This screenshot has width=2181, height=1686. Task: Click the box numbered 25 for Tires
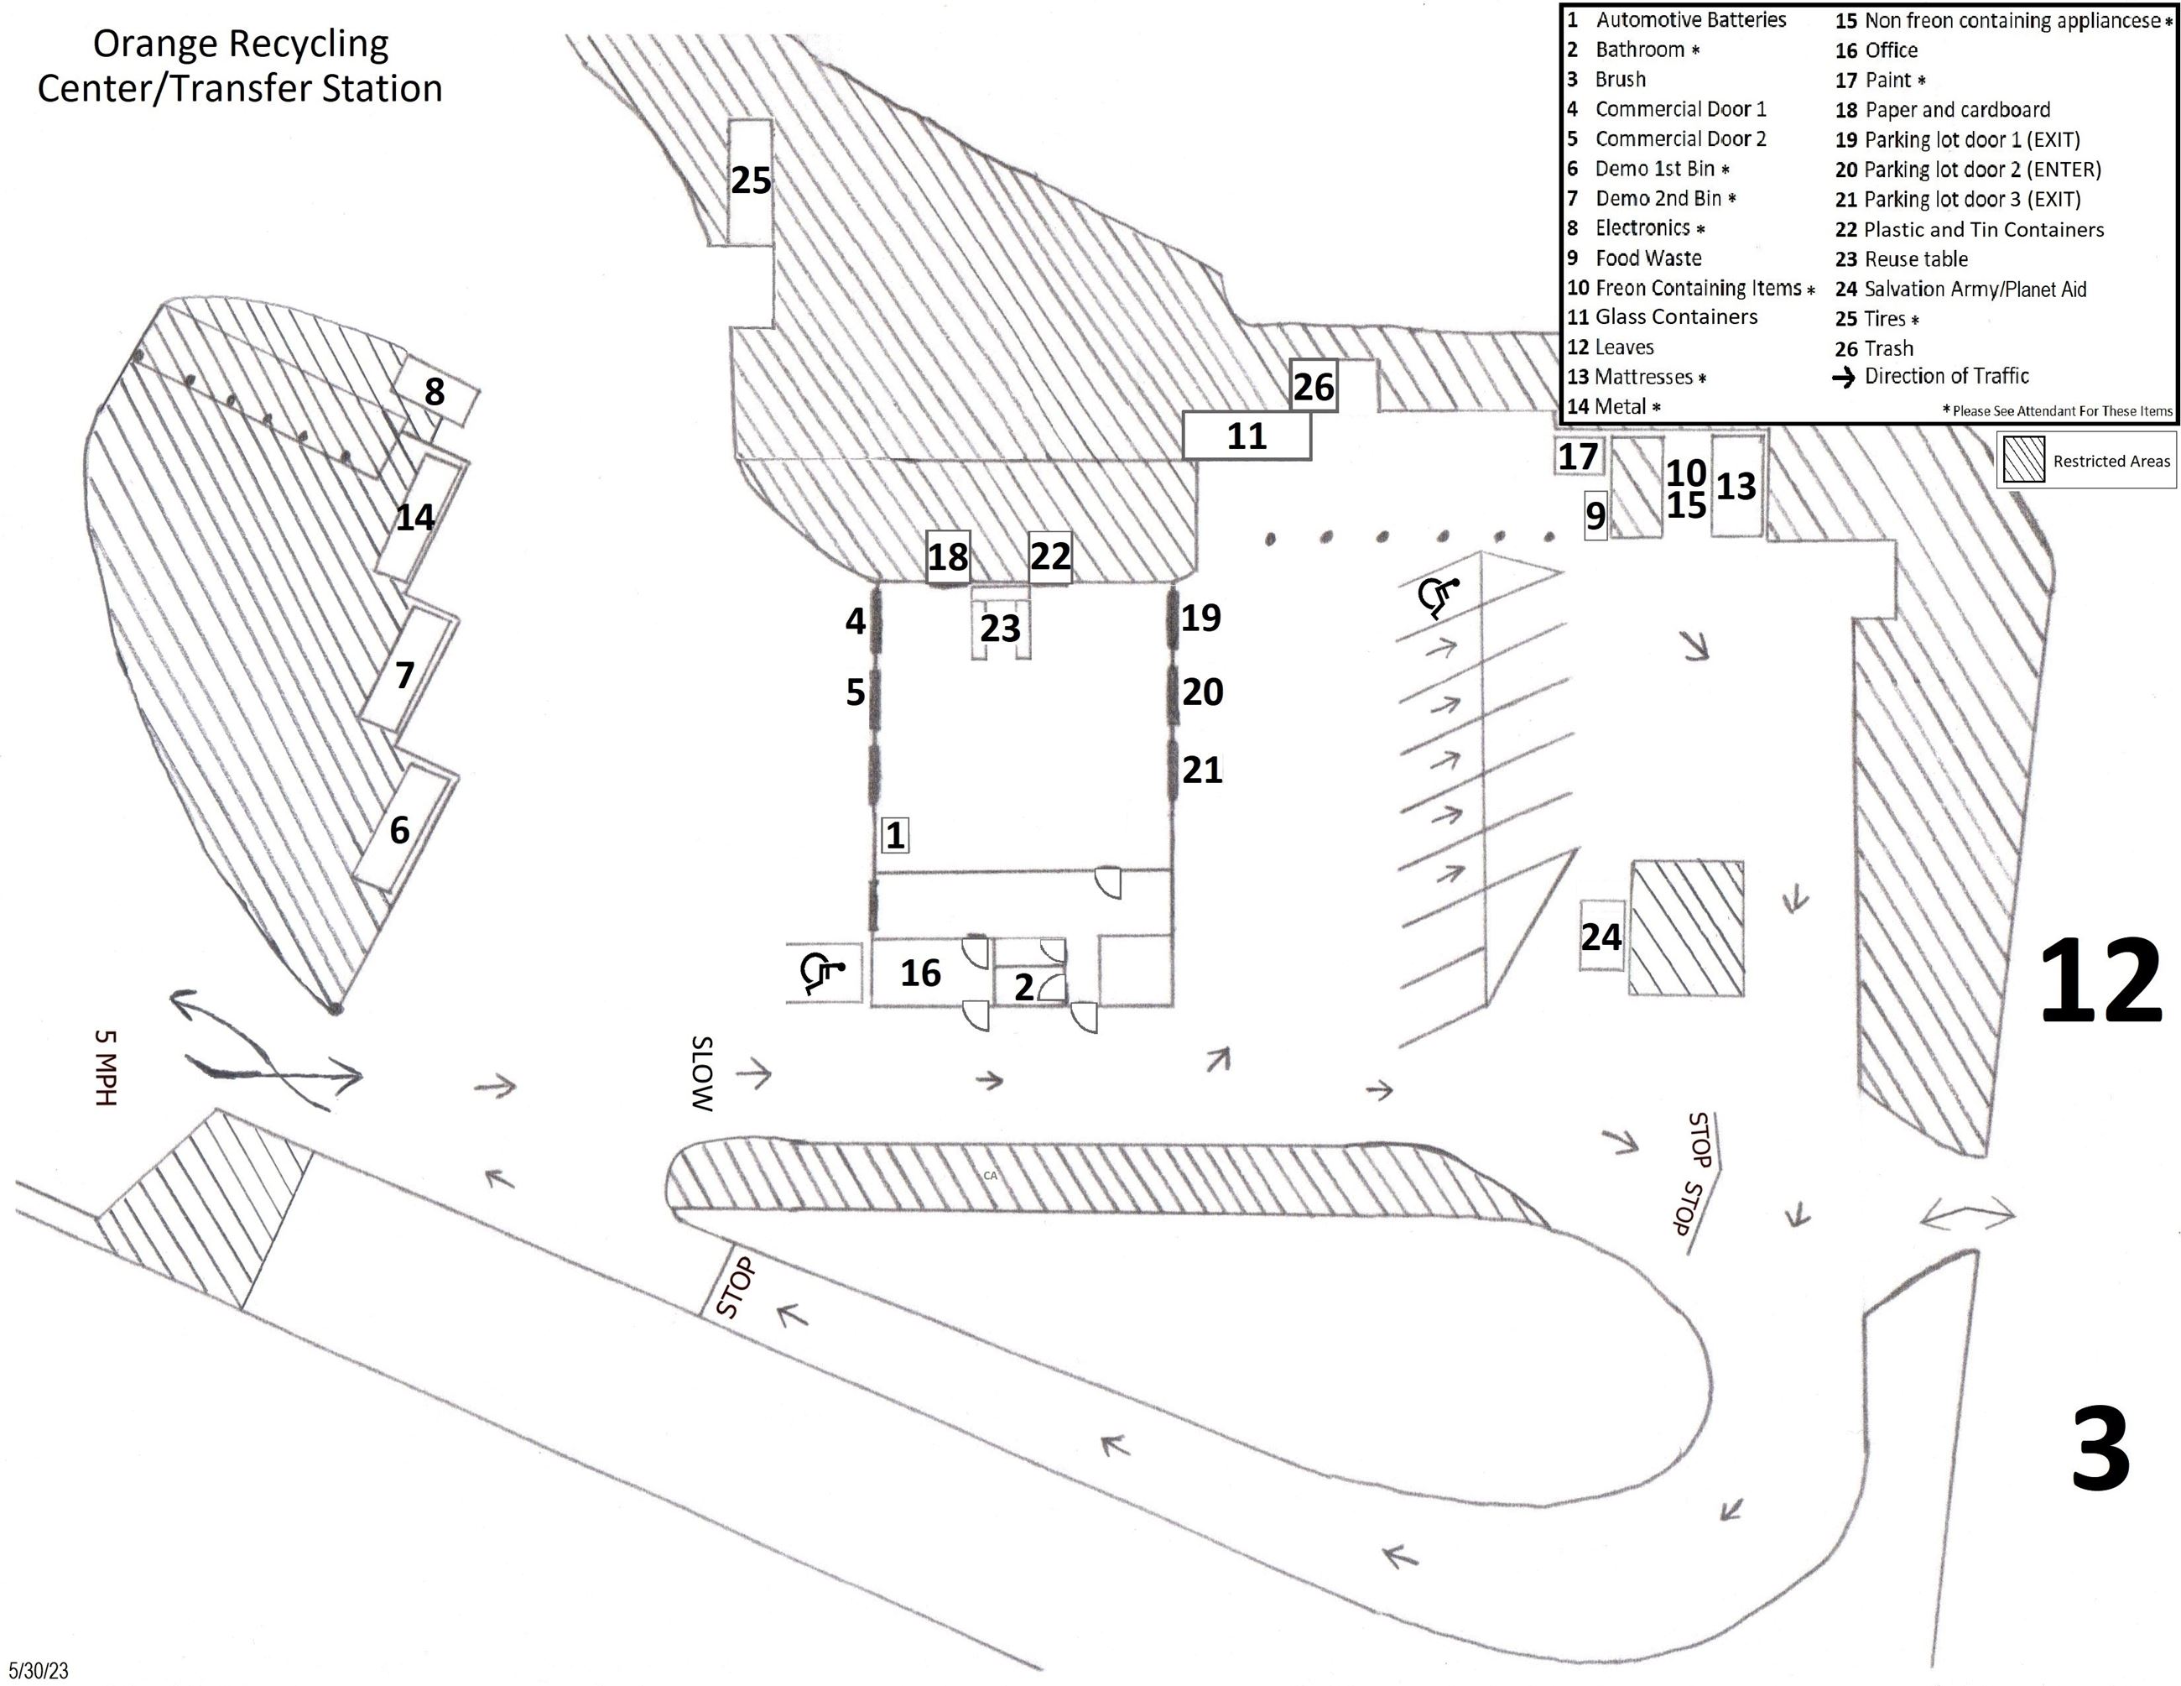[750, 180]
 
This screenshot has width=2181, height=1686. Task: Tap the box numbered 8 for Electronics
[435, 392]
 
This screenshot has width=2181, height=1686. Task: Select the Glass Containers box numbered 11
[1247, 436]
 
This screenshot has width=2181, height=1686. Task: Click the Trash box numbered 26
[1313, 387]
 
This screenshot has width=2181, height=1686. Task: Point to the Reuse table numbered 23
[1001, 629]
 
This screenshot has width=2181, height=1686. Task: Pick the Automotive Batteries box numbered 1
[896, 835]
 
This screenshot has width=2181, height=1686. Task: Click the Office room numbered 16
[919, 972]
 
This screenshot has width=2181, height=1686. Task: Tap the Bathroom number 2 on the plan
[1024, 987]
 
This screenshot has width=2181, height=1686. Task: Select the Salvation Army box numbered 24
[1601, 936]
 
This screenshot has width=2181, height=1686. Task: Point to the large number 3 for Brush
[2100, 1449]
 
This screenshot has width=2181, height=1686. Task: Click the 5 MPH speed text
[106, 1067]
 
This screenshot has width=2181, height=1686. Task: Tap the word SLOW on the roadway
[703, 1075]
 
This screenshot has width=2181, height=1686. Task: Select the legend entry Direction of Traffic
[1945, 377]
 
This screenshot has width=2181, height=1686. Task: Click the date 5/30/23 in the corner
[39, 1670]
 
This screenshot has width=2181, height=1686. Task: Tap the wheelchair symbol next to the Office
[823, 972]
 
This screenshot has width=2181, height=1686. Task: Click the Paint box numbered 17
[1578, 457]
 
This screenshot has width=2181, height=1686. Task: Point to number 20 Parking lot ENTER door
[1202, 692]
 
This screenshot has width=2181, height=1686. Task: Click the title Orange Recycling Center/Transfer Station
[240, 66]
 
